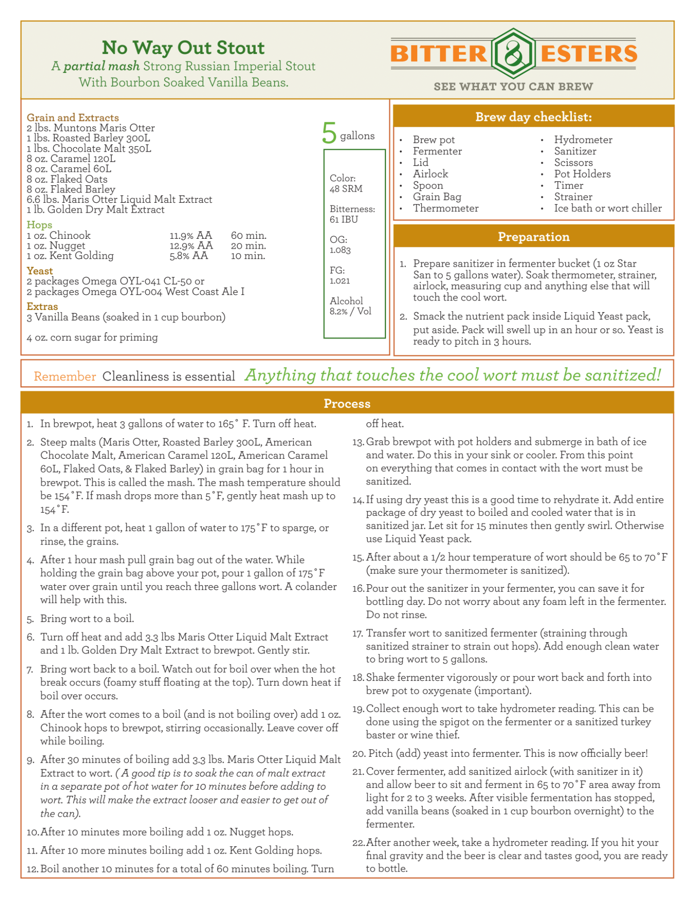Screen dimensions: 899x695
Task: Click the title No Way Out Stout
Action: coord(183,48)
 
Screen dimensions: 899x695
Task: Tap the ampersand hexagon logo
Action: coord(513,54)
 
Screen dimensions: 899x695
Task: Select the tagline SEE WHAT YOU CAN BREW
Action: coord(513,86)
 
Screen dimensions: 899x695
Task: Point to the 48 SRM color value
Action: coord(346,189)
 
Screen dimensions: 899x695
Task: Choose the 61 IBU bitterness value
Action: coord(343,219)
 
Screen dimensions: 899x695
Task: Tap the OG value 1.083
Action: coord(340,250)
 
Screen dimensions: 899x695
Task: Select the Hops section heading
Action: coord(39,224)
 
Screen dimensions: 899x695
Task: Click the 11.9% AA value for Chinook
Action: coord(191,235)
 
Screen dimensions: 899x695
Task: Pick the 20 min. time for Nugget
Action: coord(248,246)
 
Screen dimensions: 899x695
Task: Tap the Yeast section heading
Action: coord(40,271)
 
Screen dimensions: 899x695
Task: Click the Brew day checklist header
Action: coord(533,117)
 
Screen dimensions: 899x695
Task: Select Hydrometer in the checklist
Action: coord(583,140)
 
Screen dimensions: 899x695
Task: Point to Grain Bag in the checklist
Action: coord(437,197)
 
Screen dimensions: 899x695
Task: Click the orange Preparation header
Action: coord(533,237)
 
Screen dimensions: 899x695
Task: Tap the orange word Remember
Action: coord(65,376)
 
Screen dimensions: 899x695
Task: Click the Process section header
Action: coord(347,403)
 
